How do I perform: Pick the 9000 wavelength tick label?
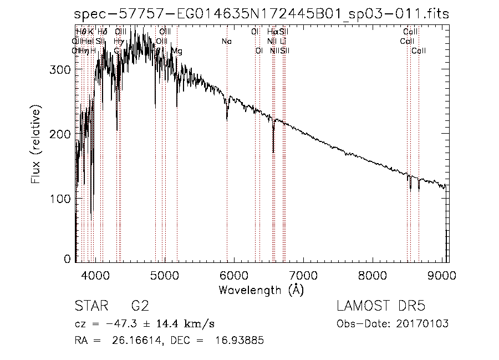(442, 276)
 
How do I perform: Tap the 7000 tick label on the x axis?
(303, 276)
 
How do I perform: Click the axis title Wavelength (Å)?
(261, 290)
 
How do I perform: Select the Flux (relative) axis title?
(37, 147)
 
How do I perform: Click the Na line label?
(226, 42)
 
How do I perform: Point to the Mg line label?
(176, 51)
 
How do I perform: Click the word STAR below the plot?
(90, 307)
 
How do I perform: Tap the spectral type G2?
(139, 307)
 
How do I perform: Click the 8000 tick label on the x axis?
(373, 276)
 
